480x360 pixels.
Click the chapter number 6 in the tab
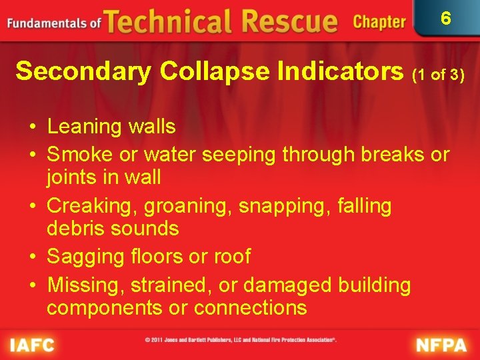tap(445, 18)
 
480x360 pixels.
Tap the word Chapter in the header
tap(379, 22)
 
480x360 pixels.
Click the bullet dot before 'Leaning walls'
tap(32, 127)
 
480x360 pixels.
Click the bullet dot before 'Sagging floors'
tap(32, 257)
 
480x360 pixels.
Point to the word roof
tap(231, 257)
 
